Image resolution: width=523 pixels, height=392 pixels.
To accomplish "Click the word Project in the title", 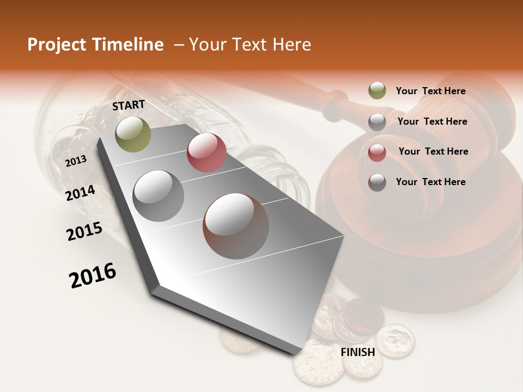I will pos(56,45).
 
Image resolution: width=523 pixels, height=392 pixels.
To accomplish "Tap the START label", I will pos(129,105).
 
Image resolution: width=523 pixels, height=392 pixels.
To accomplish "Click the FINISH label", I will pos(358,352).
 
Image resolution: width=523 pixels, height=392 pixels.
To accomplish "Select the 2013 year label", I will pos(76,161).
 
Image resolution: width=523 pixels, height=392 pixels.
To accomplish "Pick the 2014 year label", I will pos(81,193).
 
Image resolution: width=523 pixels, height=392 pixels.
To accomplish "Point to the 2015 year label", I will pos(84,231).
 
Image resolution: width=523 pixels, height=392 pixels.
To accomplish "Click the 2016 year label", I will pos(93,275).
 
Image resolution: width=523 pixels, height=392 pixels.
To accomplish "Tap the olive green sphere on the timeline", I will pos(133,134).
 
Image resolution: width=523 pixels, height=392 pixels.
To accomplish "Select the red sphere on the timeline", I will pos(206,152).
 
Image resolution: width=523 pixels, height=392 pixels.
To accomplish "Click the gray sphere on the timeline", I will pos(159,195).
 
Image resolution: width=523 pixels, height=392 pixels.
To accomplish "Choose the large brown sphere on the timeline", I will pos(236,226).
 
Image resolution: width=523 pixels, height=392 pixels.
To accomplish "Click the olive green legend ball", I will pos(377,91).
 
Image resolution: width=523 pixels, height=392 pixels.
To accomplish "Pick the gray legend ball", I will pos(377,122).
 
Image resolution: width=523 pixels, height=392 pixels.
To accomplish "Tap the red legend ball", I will pos(377,152).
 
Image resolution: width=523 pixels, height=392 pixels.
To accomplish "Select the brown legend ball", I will pos(377,182).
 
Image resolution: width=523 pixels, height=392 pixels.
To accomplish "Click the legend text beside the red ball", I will pos(433,151).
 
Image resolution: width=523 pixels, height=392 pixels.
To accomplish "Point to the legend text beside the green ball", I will pos(430,91).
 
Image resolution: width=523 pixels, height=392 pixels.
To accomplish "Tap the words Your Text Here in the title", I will pos(250,45).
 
